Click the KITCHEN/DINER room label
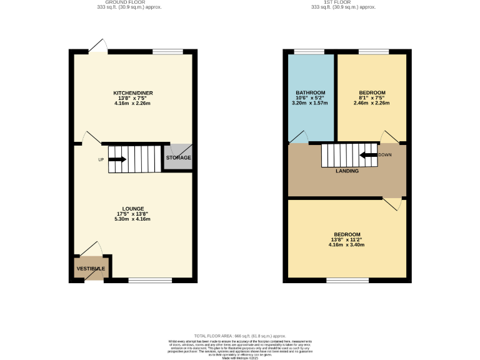coord(134,93)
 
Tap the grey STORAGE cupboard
coord(178,157)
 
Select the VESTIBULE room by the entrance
coord(91,268)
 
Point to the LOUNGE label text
coord(134,208)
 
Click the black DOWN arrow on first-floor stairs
coord(368,154)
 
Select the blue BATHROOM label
coord(310,93)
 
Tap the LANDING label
coord(347,171)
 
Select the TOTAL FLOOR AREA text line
coord(239,336)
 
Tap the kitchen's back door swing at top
coord(97,46)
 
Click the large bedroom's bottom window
coord(347,281)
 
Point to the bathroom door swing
coord(299,137)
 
